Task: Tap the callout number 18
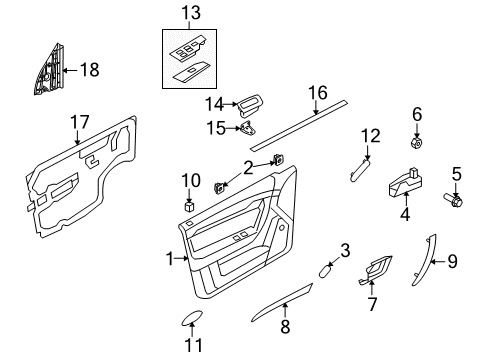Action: click(x=89, y=69)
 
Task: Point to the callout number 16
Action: click(x=317, y=93)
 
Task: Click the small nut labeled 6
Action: click(x=417, y=140)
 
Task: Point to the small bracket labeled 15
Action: click(x=246, y=127)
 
